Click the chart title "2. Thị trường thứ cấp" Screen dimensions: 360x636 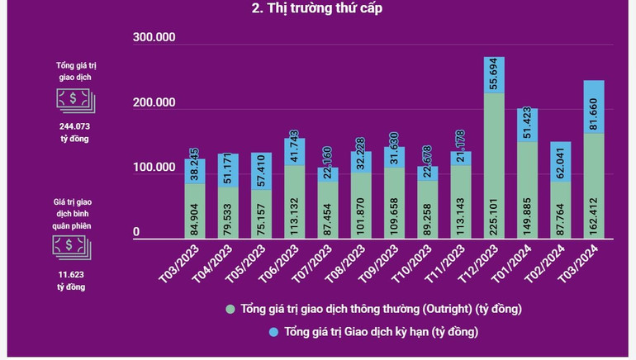(318, 9)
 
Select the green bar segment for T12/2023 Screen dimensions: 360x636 (494, 165)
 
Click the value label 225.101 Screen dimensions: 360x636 (495, 211)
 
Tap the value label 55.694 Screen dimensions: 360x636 (494, 75)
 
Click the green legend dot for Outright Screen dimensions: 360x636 (231, 310)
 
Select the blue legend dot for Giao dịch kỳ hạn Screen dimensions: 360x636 (273, 332)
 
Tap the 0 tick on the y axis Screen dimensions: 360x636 (137, 233)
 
